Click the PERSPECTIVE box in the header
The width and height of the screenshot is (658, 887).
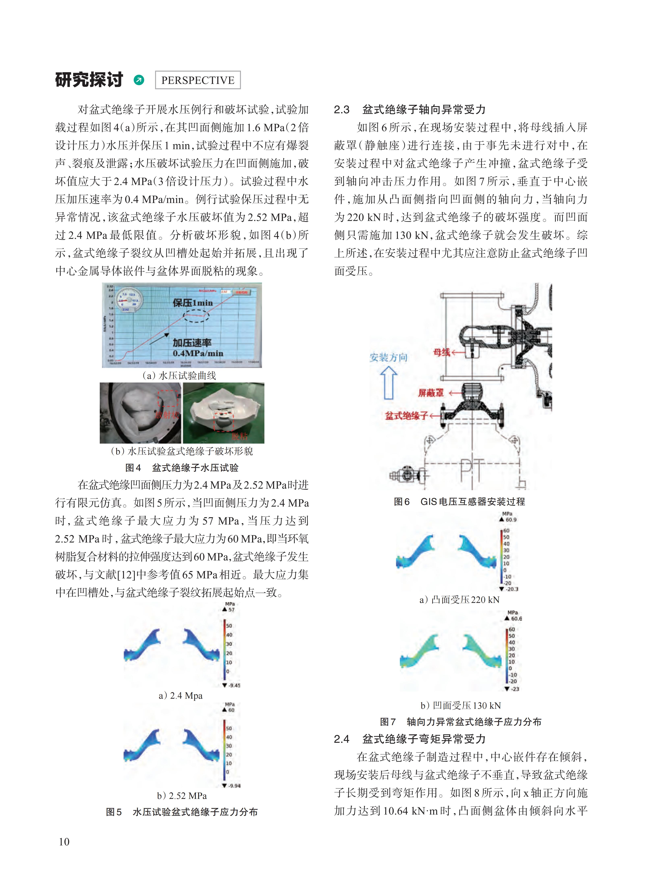pos(198,80)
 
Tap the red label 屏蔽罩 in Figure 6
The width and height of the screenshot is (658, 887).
pos(430,393)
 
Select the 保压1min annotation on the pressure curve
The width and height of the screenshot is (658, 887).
pos(193,303)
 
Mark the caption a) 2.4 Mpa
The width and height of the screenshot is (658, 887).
pos(180,696)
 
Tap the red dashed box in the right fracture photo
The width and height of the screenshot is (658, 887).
pos(224,422)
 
